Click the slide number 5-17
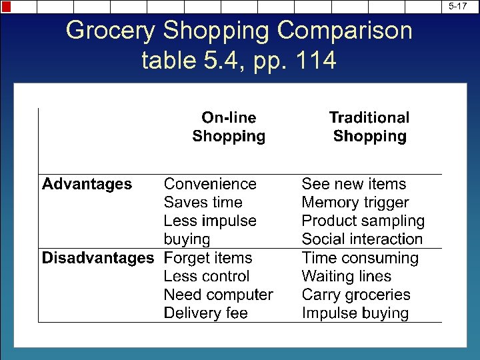[457, 6]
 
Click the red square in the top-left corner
[6, 7]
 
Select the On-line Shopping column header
[229, 127]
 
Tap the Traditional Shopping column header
[369, 127]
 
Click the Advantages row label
[87, 184]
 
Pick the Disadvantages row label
[98, 258]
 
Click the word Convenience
[210, 184]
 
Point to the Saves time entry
[203, 203]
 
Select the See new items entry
[353, 184]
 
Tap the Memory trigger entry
[355, 203]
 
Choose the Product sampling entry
[363, 221]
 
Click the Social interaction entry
[362, 239]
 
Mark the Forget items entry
[208, 258]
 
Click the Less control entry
[207, 276]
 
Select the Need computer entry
[219, 295]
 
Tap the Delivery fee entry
[205, 313]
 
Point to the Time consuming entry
[360, 258]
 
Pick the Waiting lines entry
[346, 276]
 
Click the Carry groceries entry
[356, 295]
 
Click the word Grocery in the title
[109, 31]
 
